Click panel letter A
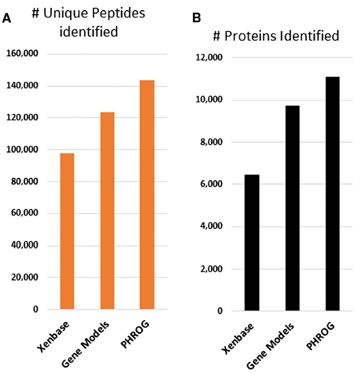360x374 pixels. click(7, 18)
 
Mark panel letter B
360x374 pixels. click(197, 18)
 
